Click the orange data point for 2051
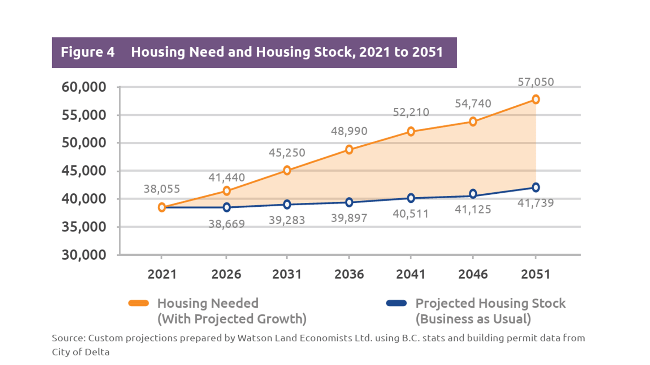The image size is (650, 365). (x=536, y=99)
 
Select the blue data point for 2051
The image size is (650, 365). (x=536, y=187)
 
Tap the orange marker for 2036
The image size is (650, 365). (x=349, y=149)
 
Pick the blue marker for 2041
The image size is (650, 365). (x=411, y=198)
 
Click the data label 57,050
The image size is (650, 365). (x=536, y=82)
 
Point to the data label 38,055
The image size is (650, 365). (x=161, y=189)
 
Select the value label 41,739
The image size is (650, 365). (x=536, y=203)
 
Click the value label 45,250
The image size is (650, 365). (x=287, y=153)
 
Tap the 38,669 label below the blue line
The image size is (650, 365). (x=226, y=224)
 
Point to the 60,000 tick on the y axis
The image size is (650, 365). (x=84, y=87)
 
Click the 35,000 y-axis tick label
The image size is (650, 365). (x=84, y=227)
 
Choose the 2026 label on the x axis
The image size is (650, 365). (x=226, y=274)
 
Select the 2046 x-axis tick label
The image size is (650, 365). (x=473, y=274)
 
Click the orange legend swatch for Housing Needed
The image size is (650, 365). (x=139, y=303)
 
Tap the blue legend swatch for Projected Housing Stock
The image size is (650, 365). (x=396, y=303)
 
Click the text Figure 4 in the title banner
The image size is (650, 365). (x=87, y=52)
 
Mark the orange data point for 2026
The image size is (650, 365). (x=226, y=191)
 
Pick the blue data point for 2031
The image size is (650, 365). (x=287, y=205)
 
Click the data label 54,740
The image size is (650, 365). (x=473, y=104)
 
